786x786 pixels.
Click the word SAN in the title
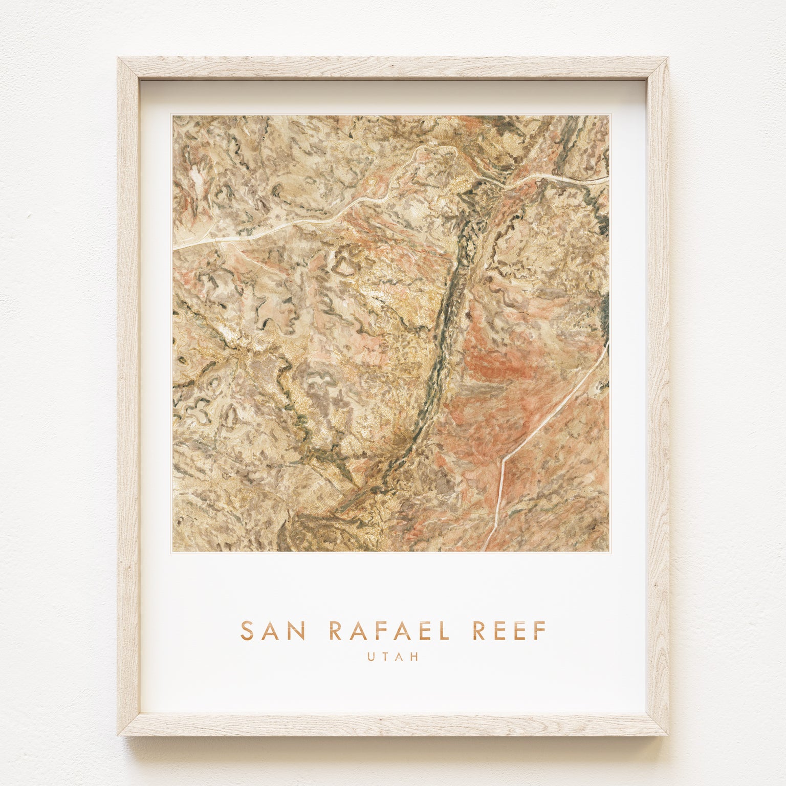(273, 630)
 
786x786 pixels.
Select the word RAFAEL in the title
(389, 630)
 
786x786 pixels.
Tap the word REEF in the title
(509, 630)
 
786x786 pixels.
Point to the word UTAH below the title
(393, 657)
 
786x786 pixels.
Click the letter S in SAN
(247, 630)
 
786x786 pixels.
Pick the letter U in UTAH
(370, 657)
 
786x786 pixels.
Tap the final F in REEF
(541, 630)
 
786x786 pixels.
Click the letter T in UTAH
(385, 657)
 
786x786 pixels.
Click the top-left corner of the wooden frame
(119, 58)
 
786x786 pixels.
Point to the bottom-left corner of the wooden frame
(119, 735)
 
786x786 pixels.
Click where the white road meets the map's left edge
(174, 249)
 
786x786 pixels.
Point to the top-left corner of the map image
(173, 116)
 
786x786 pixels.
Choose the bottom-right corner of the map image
(609, 551)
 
